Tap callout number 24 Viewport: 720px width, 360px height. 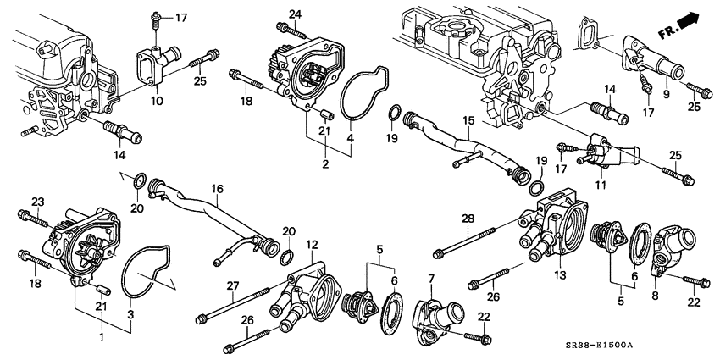tap(295, 14)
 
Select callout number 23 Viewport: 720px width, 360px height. tap(37, 201)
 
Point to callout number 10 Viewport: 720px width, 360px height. tap(157, 101)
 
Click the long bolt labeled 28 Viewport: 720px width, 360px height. tap(474, 242)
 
